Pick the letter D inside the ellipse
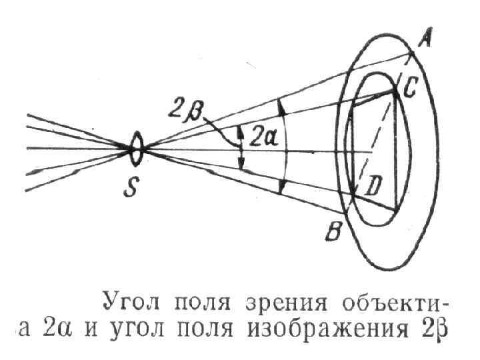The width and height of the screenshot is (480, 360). [x=371, y=188]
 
